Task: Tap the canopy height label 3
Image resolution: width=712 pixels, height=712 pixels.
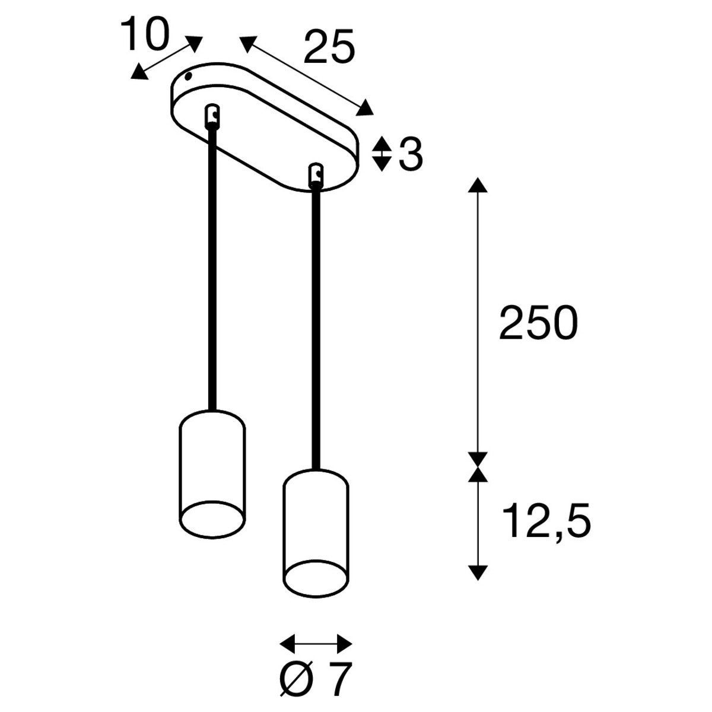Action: coord(411,155)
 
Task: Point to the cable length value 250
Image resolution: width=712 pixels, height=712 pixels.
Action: coord(538,323)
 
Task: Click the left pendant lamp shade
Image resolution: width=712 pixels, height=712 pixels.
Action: coord(212,475)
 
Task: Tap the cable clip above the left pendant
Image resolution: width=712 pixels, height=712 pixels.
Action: coord(212,116)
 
